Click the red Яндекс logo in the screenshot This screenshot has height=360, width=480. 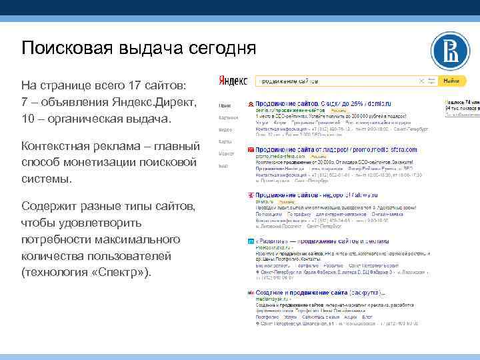click(233, 81)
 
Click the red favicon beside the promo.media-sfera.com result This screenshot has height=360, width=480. click(249, 151)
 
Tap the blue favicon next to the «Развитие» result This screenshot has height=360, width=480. click(249, 241)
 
